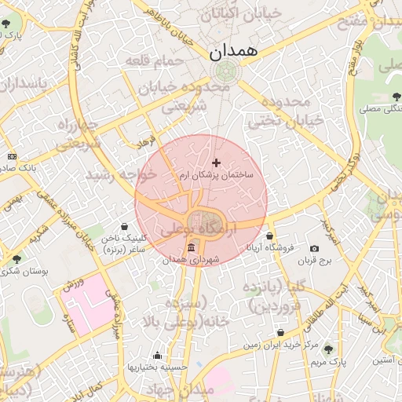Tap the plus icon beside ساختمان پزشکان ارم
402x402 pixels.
click(x=217, y=163)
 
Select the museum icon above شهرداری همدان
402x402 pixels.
click(x=192, y=248)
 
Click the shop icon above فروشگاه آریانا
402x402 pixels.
click(x=270, y=236)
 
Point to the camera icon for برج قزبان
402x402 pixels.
click(x=315, y=249)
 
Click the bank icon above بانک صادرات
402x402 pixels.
click(x=11, y=157)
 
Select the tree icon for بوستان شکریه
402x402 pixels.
click(x=16, y=258)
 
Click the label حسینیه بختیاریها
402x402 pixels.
click(x=158, y=367)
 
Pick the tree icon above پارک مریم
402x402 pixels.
click(x=328, y=349)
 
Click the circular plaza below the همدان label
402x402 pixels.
click(x=226, y=72)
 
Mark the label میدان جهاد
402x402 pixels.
click(x=186, y=390)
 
